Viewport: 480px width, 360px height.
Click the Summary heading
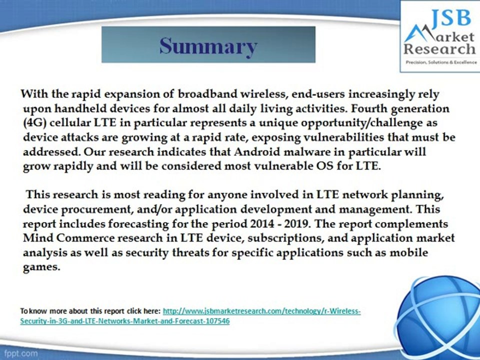coord(208,46)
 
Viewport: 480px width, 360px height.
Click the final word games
coord(41,266)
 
